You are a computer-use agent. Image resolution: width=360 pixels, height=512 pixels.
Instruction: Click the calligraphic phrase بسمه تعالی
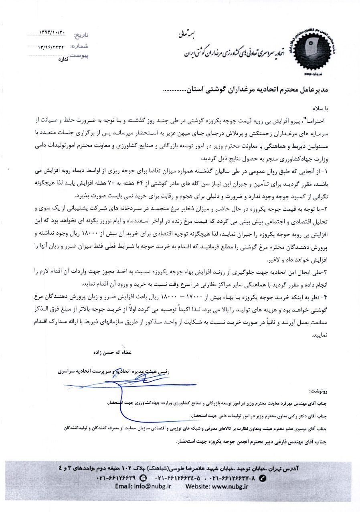coord(185,34)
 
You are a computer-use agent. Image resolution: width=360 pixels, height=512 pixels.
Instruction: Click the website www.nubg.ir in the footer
coord(217,486)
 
